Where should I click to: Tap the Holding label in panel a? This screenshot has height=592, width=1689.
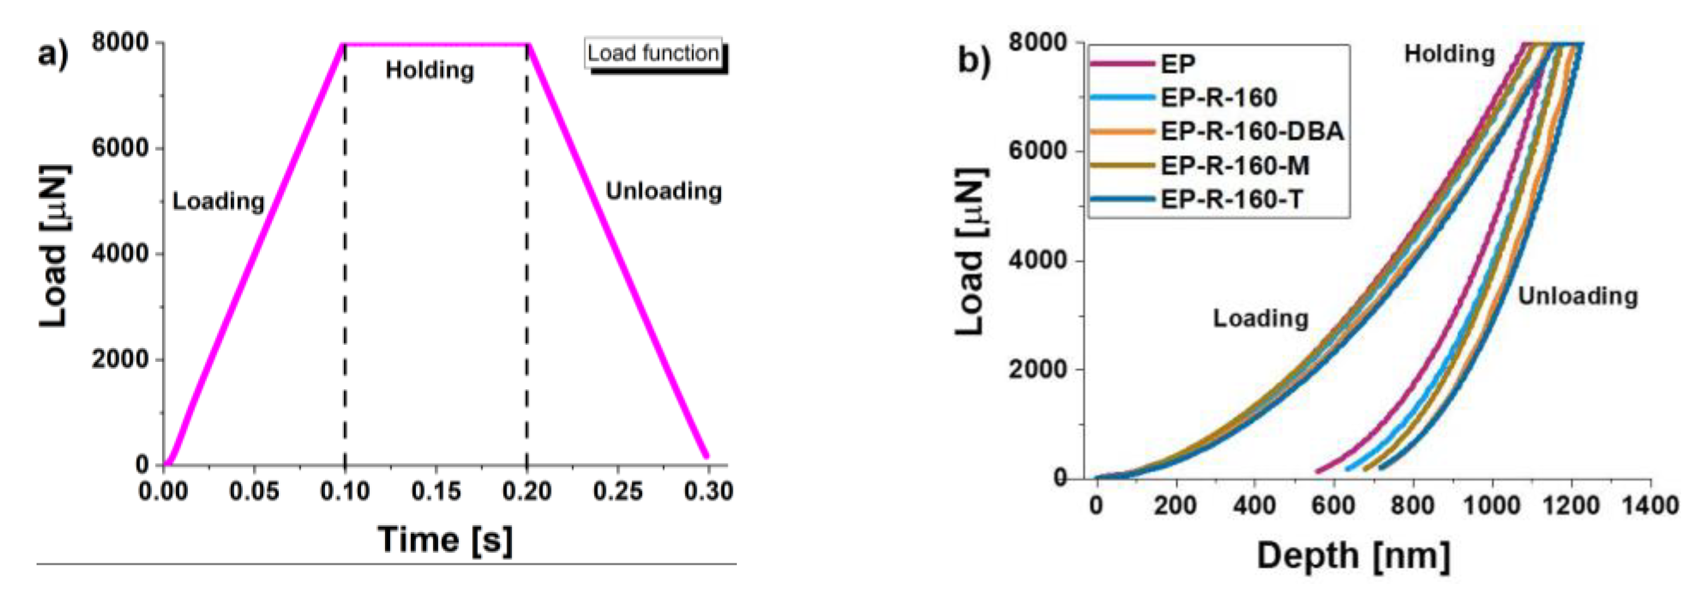tap(430, 70)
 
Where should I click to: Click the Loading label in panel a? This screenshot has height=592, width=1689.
tap(218, 202)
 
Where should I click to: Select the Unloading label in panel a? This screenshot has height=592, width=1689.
tap(663, 191)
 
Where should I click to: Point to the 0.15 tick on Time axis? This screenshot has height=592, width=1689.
tap(436, 490)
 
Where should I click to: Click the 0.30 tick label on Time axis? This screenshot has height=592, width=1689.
tap(708, 490)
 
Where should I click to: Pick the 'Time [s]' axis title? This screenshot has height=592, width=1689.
tap(444, 539)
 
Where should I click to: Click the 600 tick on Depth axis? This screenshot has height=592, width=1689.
tap(1333, 505)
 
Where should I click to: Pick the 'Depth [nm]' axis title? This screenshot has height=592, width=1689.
tap(1353, 556)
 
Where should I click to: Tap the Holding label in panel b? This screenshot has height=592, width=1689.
tap(1449, 54)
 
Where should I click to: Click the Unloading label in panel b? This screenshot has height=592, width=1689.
tap(1578, 296)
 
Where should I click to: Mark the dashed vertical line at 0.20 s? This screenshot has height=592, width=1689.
tap(527, 262)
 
